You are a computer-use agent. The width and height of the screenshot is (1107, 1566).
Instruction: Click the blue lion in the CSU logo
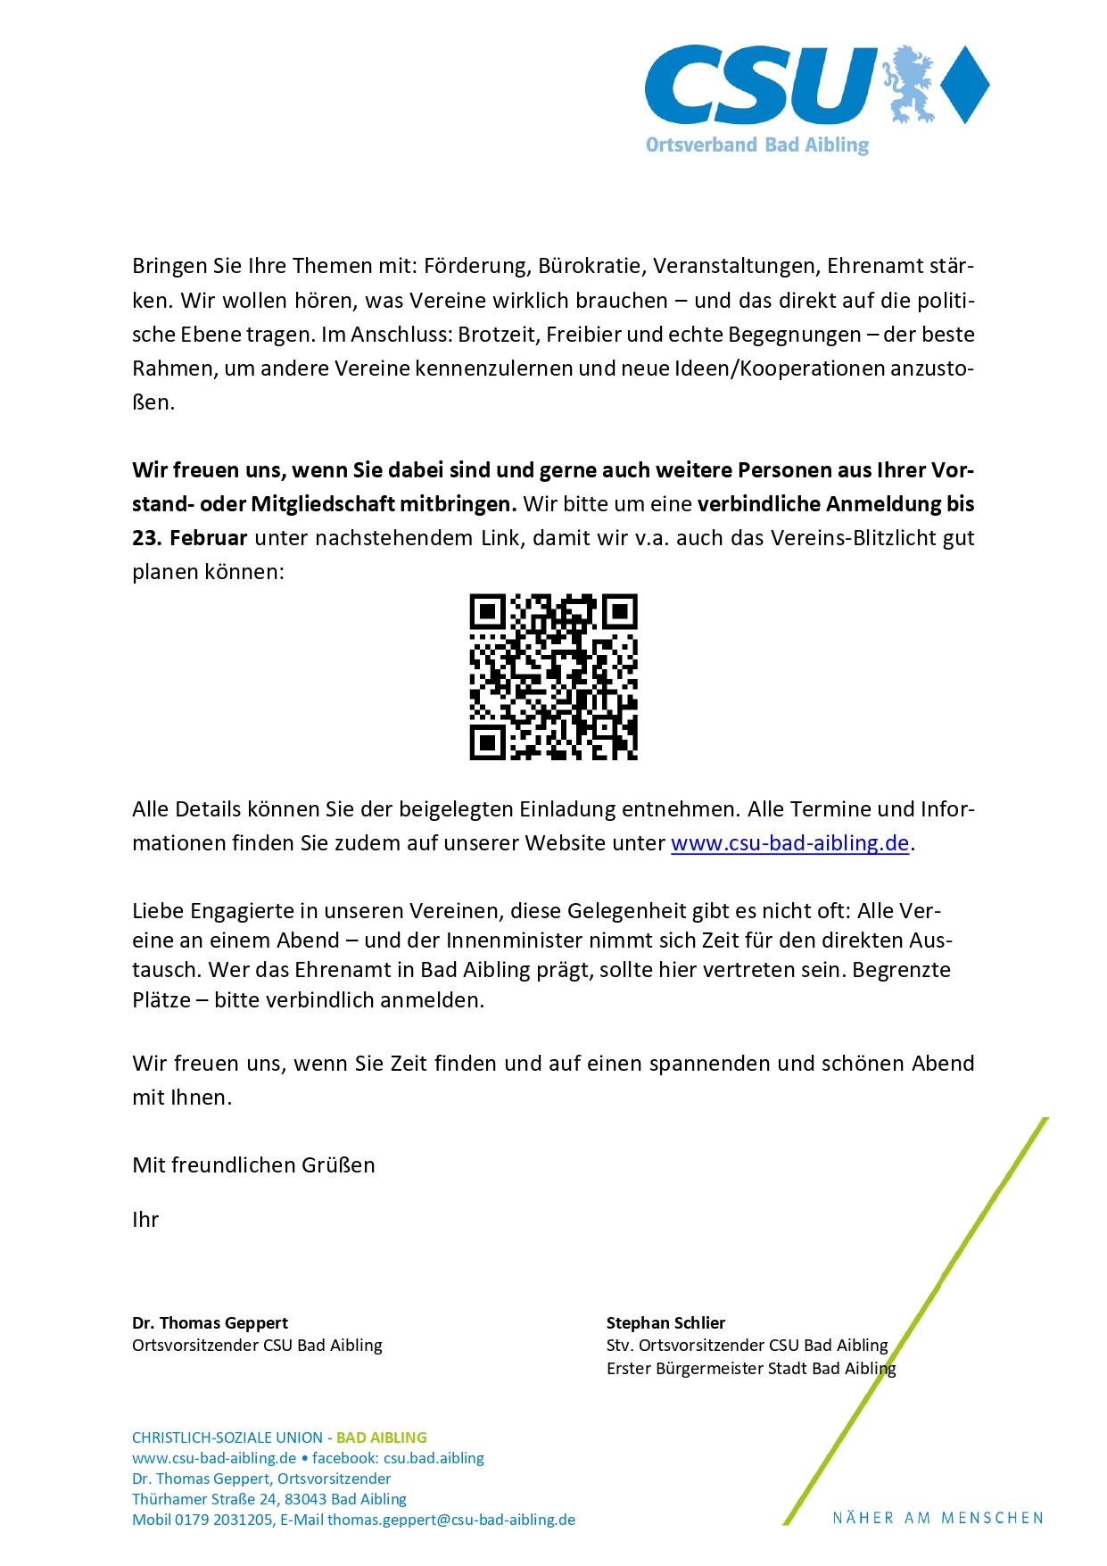(909, 85)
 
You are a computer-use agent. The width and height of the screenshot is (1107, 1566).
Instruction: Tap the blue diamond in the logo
(965, 84)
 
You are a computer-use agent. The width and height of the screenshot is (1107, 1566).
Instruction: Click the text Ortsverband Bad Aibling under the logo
(756, 145)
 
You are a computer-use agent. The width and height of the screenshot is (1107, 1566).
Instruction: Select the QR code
(553, 676)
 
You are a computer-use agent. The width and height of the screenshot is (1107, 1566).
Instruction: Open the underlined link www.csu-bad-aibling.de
(789, 843)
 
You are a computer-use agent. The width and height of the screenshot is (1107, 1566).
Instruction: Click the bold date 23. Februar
(189, 538)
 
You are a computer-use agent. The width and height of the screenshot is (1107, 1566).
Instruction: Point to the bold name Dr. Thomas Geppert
(210, 1322)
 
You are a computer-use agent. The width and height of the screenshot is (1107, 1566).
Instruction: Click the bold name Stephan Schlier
(665, 1322)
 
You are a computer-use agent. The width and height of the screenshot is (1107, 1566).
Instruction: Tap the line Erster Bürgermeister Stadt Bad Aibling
(750, 1368)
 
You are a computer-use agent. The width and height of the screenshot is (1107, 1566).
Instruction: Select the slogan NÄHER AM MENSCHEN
(938, 1518)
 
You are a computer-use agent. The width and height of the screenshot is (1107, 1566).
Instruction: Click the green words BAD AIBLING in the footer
(381, 1438)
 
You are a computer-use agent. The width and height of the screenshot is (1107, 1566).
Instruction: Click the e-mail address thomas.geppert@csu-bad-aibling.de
(450, 1520)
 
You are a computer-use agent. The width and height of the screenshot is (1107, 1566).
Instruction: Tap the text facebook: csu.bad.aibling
(398, 1458)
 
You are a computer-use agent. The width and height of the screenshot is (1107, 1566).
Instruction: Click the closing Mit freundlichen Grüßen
(253, 1165)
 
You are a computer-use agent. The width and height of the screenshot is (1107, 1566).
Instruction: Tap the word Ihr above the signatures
(145, 1220)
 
